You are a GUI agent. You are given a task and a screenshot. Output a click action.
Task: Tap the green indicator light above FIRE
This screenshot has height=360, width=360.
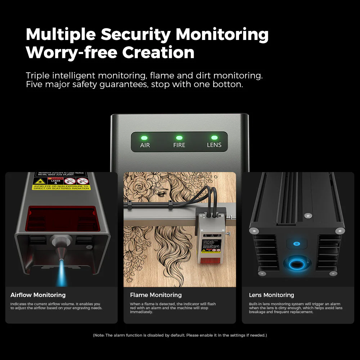(x=179, y=138)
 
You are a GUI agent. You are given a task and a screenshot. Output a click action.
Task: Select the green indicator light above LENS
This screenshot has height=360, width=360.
(x=214, y=138)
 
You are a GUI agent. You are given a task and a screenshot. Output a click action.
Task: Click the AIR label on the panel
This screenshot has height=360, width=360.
(x=145, y=145)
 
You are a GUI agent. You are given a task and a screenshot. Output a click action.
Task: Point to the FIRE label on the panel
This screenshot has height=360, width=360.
(x=179, y=145)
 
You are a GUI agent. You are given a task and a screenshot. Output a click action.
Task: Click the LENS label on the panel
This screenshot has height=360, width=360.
(x=214, y=145)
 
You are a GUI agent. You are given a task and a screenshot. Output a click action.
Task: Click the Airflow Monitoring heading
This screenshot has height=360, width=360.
(x=38, y=295)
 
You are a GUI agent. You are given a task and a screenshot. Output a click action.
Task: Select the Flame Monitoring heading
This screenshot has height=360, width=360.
(x=156, y=295)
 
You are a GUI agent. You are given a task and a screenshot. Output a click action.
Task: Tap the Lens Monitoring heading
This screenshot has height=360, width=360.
(x=271, y=295)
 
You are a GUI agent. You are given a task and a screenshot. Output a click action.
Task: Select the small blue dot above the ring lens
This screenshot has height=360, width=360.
(x=297, y=244)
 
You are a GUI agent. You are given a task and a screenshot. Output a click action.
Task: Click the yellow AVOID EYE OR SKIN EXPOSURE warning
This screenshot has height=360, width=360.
(x=61, y=187)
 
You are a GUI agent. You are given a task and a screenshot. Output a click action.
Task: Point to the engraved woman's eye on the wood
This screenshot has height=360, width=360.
(x=161, y=193)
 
